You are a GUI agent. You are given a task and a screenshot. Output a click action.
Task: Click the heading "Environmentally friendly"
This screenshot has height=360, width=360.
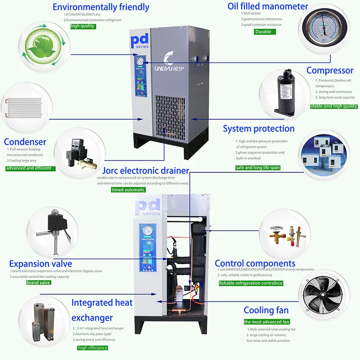(x=101, y=7)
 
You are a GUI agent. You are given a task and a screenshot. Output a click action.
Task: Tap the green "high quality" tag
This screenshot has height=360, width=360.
(x=83, y=26)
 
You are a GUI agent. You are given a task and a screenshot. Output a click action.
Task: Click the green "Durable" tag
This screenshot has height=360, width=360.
(x=263, y=31)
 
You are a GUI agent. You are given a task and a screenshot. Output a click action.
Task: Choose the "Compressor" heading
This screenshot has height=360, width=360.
(x=330, y=71)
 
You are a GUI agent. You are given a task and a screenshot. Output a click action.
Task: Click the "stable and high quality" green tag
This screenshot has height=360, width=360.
(x=333, y=106)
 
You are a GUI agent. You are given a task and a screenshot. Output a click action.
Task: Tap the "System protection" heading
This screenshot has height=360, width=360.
(x=259, y=129)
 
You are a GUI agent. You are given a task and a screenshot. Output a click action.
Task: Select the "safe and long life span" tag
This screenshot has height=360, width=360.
(x=258, y=167)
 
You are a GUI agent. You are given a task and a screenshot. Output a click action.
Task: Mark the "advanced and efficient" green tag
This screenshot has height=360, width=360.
(x=31, y=168)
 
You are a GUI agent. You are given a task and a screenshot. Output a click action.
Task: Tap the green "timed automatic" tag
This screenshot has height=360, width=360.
(x=128, y=190)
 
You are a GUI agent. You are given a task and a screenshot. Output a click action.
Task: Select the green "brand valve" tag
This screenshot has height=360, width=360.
(x=39, y=283)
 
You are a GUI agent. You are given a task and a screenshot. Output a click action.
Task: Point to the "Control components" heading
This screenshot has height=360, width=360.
(x=255, y=264)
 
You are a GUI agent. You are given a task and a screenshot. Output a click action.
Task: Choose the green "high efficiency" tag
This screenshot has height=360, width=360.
(x=93, y=348)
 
